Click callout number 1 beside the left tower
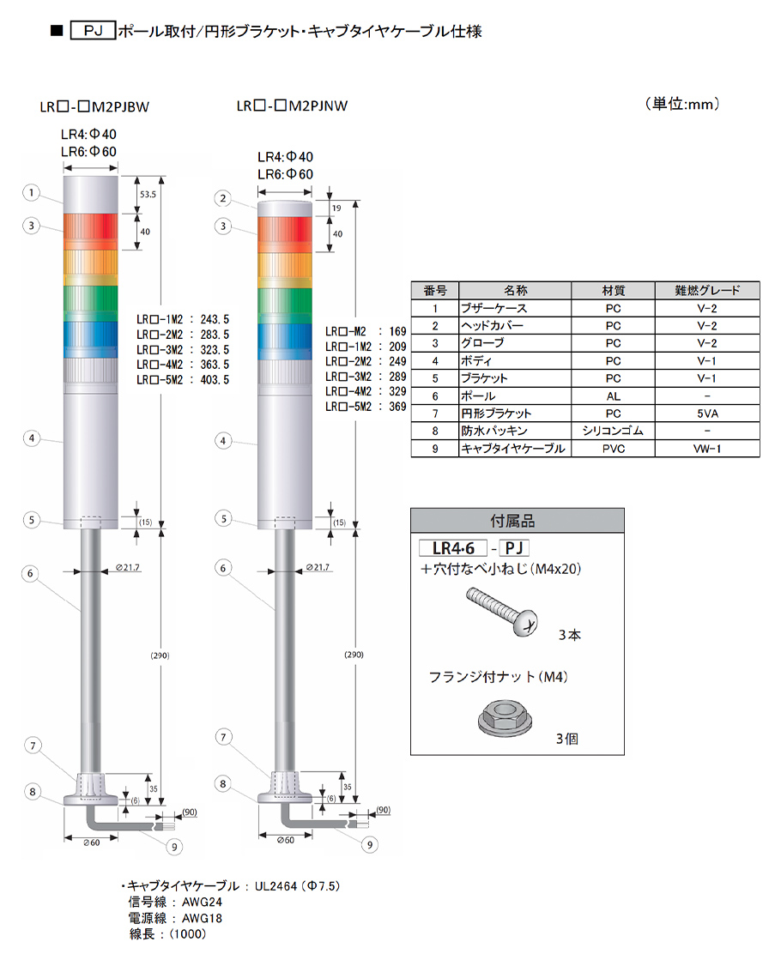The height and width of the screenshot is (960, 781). point(31,193)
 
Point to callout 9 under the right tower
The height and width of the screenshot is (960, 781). point(369,845)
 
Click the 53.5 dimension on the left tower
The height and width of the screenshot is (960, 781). point(148,194)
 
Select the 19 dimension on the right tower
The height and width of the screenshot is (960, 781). point(336,208)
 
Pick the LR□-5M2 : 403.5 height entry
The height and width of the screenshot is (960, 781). point(183,379)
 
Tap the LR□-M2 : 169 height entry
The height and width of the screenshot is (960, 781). point(366,331)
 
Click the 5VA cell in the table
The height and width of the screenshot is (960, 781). point(707,414)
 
